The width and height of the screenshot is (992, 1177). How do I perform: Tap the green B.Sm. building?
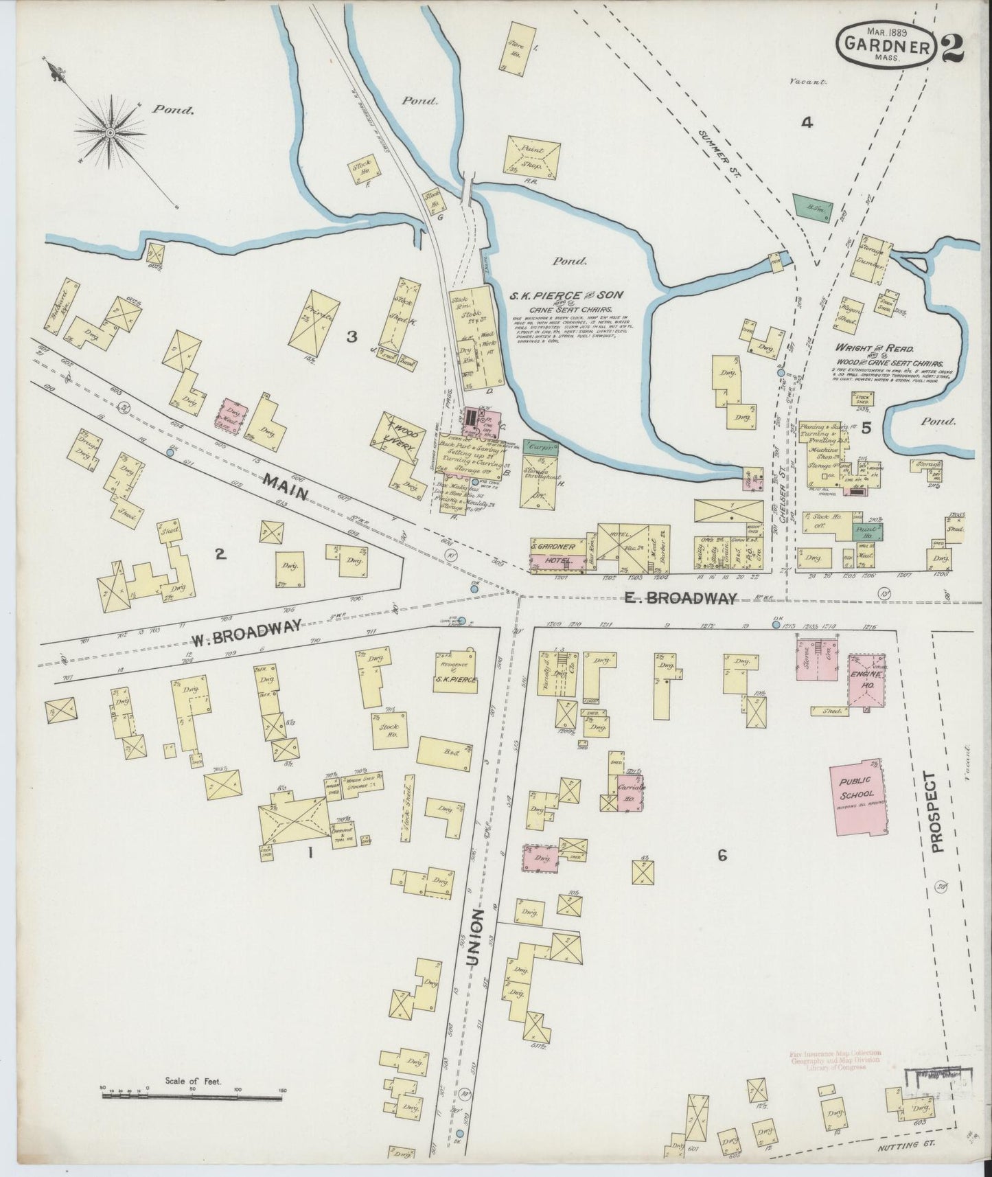(814, 205)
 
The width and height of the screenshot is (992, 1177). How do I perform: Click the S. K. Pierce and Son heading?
(566, 295)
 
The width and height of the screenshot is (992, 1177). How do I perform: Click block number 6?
(722, 855)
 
